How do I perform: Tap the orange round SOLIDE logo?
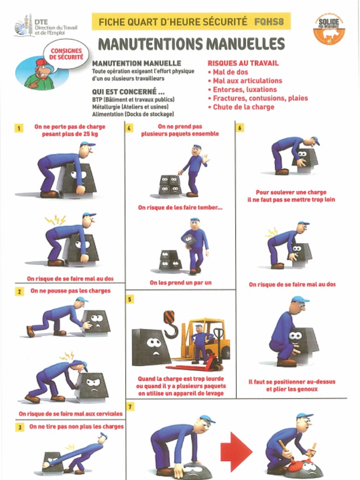(329, 29)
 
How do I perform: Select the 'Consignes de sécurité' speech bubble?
(66, 53)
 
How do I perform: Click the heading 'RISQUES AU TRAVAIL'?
(243, 63)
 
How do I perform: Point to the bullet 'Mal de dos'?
(230, 72)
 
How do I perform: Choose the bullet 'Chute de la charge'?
(240, 107)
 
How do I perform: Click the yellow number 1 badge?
(19, 127)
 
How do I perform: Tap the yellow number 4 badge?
(130, 127)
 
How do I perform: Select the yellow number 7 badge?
(130, 406)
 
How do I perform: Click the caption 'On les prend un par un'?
(180, 283)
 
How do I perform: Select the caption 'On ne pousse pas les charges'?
(70, 291)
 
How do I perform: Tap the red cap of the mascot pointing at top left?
(41, 62)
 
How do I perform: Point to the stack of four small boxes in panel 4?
(170, 185)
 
